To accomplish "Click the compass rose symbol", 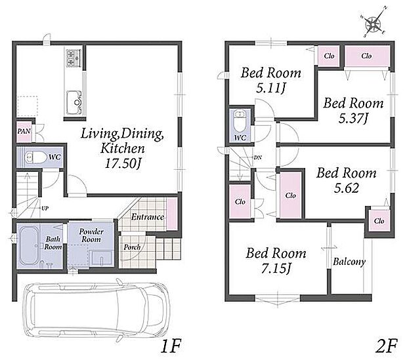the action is pyautogui.click(x=373, y=24).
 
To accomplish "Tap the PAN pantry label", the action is pyautogui.click(x=24, y=131).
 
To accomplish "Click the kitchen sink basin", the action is pyautogui.click(x=74, y=102).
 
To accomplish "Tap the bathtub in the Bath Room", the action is pyautogui.click(x=29, y=246).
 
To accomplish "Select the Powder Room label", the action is pyautogui.click(x=91, y=235).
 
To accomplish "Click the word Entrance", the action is pyautogui.click(x=147, y=217).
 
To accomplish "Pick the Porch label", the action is pyautogui.click(x=132, y=247).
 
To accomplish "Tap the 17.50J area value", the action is pyautogui.click(x=123, y=163).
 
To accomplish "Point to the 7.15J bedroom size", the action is pyautogui.click(x=276, y=268).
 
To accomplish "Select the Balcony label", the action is pyautogui.click(x=349, y=262).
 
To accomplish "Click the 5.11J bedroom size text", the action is pyautogui.click(x=270, y=89).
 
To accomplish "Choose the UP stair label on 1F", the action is pyautogui.click(x=45, y=209).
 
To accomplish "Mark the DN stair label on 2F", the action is pyautogui.click(x=258, y=157).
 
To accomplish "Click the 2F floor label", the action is pyautogui.click(x=387, y=346).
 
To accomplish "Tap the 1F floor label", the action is pyautogui.click(x=171, y=346).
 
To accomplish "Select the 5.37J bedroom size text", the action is pyautogui.click(x=353, y=119).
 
